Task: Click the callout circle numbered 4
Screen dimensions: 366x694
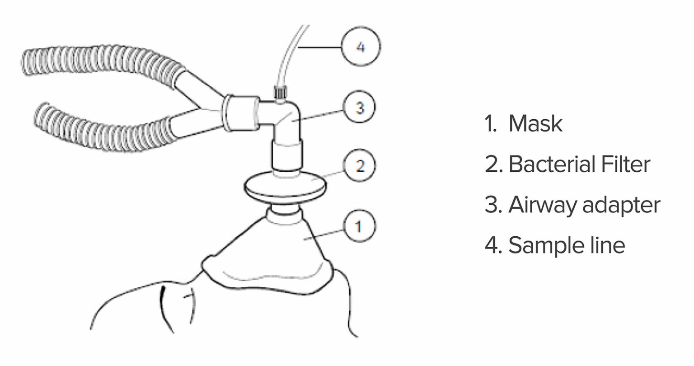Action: (361, 47)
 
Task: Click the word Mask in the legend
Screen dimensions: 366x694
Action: (535, 124)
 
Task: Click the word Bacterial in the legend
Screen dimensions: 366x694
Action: (545, 164)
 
